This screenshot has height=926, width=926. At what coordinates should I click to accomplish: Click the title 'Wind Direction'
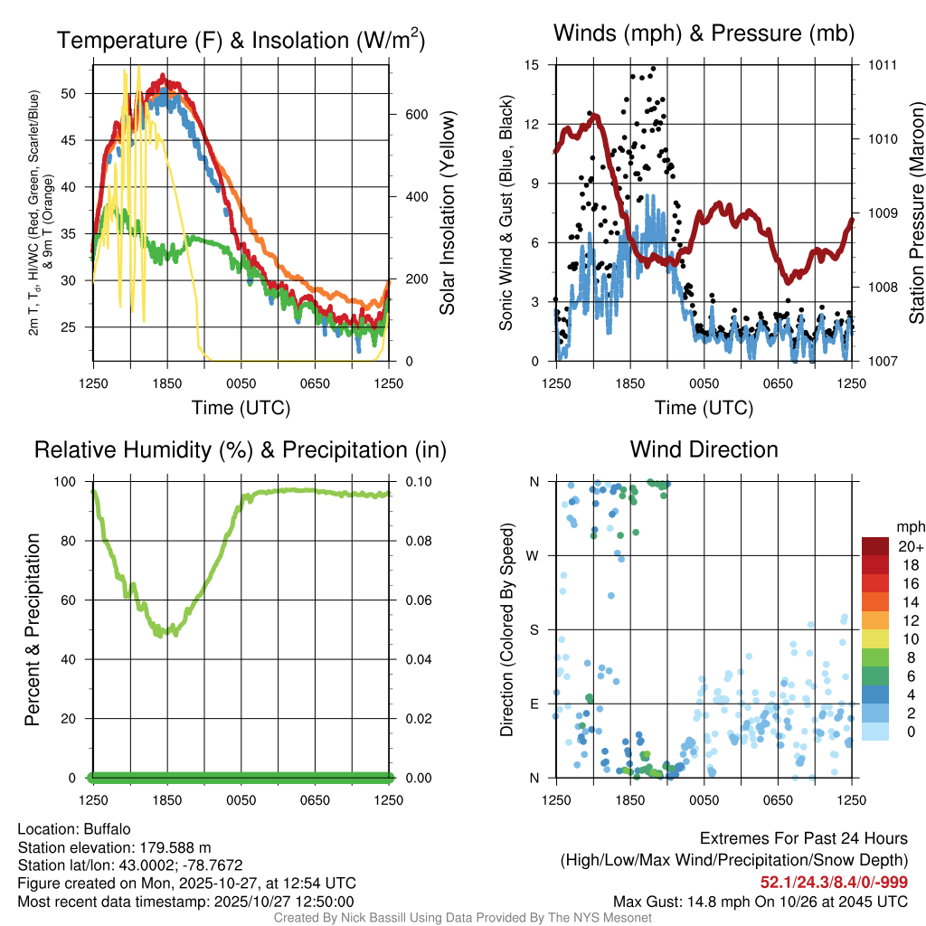[704, 449]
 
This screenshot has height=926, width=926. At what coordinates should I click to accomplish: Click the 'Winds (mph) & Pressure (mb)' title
[704, 34]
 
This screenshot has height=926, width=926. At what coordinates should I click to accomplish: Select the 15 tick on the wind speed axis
[532, 65]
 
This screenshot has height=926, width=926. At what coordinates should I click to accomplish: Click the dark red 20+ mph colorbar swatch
[874, 546]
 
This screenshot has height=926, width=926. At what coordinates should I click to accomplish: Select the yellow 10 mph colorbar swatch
[874, 639]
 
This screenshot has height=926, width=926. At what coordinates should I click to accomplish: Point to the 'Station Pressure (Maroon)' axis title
[916, 213]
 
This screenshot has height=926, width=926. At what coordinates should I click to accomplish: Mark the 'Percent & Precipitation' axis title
[33, 629]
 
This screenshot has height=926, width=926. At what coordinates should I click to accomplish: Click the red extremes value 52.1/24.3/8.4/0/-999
[834, 882]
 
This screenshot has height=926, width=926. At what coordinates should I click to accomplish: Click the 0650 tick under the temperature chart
[315, 383]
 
